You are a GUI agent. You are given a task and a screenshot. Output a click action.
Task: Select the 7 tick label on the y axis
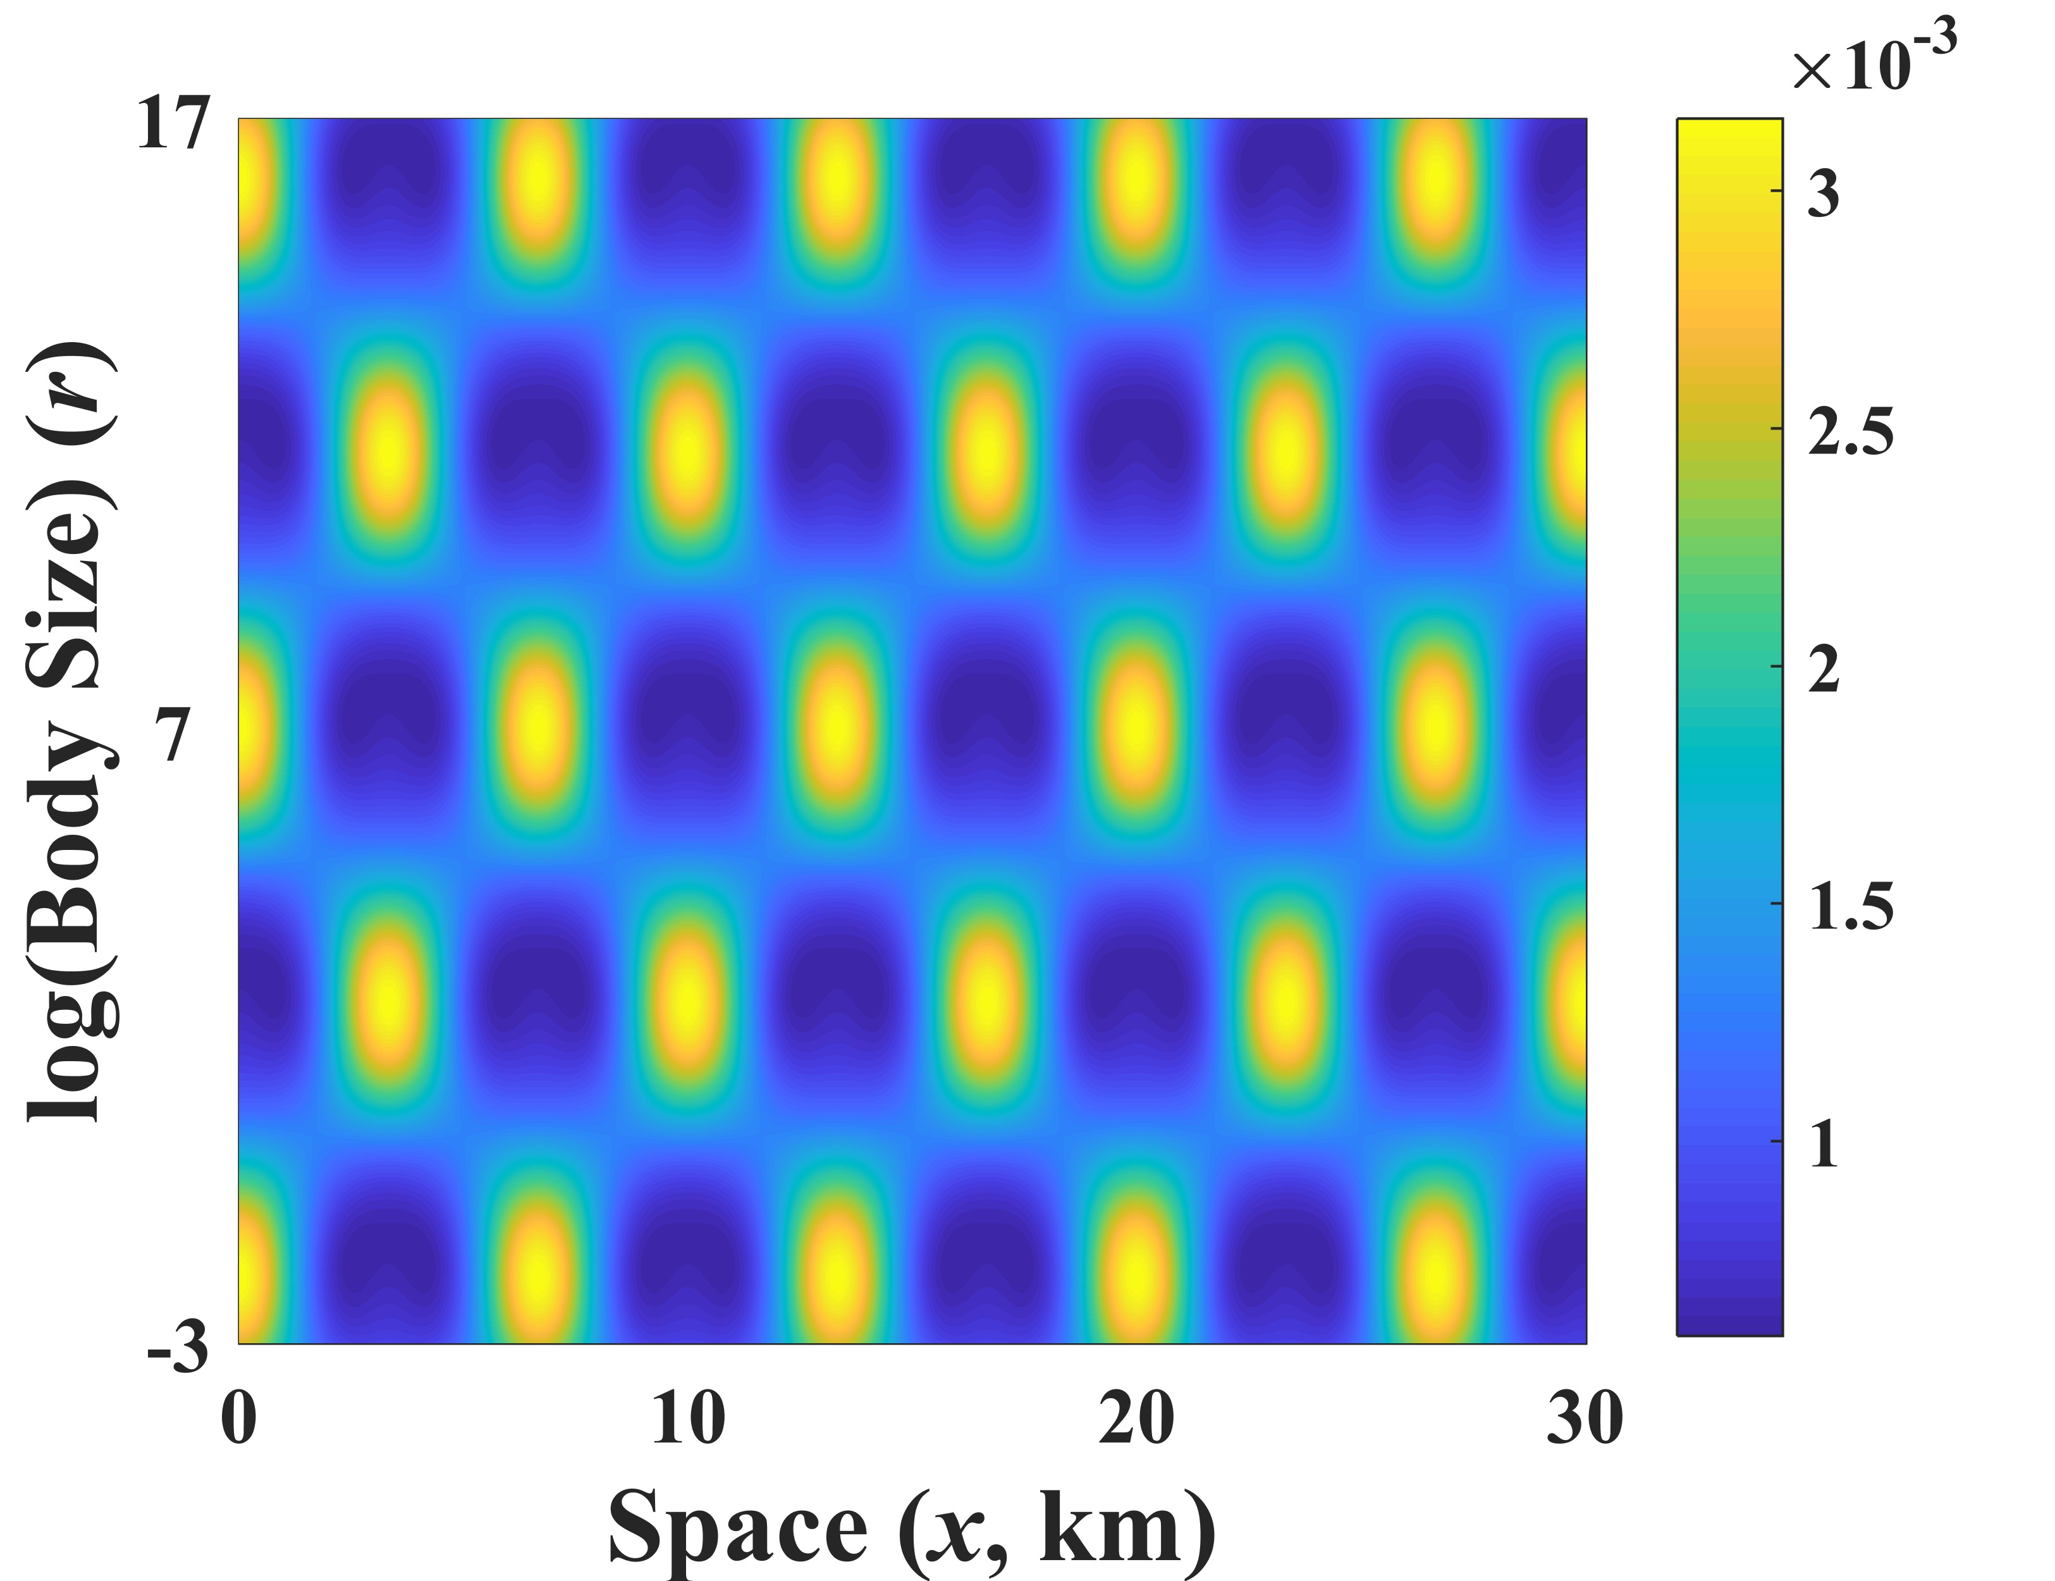(x=173, y=735)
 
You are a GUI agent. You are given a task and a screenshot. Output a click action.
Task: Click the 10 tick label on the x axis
(x=688, y=1419)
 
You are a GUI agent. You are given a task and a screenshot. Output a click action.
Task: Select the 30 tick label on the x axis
(x=1585, y=1419)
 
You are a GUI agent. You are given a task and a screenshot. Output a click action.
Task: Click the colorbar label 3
(x=1822, y=195)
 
